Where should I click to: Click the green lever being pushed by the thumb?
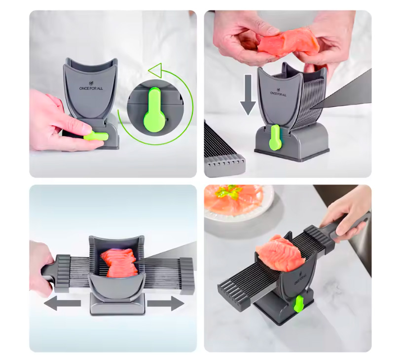96,136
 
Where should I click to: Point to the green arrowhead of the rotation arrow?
155,70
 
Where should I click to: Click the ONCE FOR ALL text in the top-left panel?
91,88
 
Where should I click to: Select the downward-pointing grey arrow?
248,94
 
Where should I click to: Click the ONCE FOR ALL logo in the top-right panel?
278,92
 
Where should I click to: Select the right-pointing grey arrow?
166,303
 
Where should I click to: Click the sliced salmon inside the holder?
119,262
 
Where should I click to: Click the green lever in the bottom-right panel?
298,303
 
